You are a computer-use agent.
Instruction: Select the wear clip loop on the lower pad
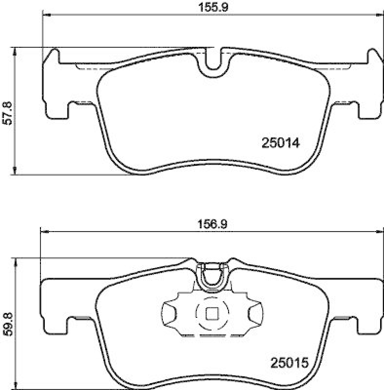(213, 275)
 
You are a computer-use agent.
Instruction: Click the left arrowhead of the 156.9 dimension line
(43, 231)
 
